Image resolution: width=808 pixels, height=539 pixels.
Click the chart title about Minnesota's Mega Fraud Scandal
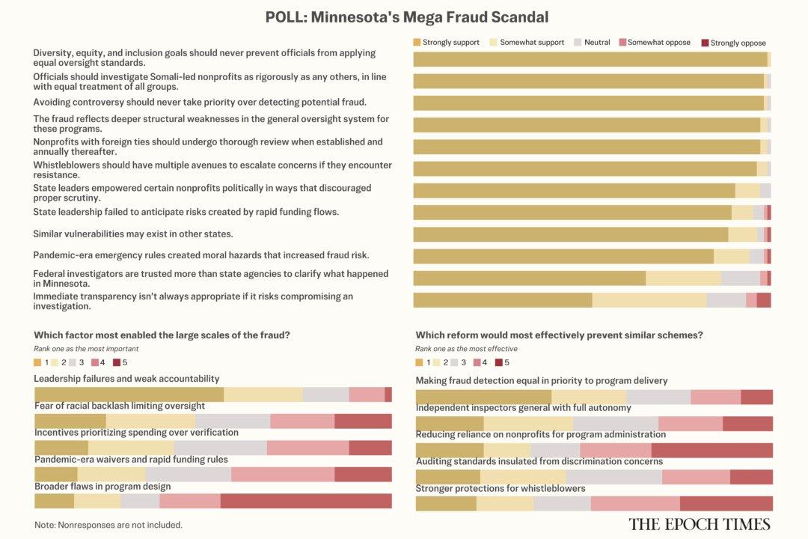tap(406, 16)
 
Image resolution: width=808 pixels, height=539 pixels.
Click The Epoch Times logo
tap(699, 523)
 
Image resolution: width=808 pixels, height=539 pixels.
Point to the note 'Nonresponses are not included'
tap(108, 525)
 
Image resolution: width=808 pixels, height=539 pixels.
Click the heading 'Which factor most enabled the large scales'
tap(162, 335)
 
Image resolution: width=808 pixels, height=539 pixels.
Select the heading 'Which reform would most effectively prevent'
tap(559, 335)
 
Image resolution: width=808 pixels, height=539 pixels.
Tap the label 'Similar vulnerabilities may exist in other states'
tap(132, 234)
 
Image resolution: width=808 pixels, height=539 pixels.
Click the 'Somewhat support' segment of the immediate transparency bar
tap(649, 300)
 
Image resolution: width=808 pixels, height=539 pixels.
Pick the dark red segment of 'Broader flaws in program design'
tap(305, 501)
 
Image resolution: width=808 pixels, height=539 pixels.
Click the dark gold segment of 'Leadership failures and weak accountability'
tap(129, 395)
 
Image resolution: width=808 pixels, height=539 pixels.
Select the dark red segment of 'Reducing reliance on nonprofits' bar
tap(711, 450)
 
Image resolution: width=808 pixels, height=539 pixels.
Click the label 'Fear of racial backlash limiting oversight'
tap(120, 406)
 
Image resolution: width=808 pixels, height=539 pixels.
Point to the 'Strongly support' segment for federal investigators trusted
tap(529, 278)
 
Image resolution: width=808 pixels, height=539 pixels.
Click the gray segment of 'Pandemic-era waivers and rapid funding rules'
tap(188, 474)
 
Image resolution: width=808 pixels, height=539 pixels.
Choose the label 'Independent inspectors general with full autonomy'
tap(523, 408)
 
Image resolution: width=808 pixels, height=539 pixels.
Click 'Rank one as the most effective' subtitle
tap(466, 349)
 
